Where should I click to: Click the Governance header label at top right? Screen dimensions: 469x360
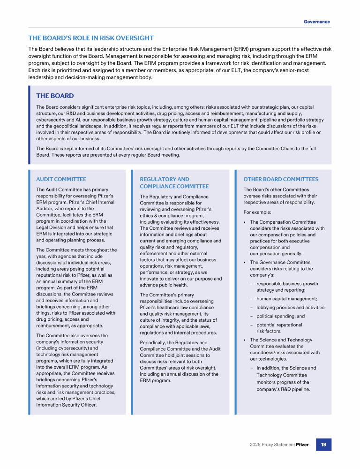[x=316, y=22]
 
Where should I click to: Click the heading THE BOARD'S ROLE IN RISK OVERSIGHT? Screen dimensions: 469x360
[x=91, y=38]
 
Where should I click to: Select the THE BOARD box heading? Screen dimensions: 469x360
[x=55, y=96]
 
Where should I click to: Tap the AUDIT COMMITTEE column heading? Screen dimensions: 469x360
[x=61, y=179]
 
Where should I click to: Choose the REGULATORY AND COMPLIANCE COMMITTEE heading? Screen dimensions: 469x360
[x=174, y=183]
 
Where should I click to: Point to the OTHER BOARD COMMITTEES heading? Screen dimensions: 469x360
[x=281, y=179]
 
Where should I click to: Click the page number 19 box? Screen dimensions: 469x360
[x=323, y=445]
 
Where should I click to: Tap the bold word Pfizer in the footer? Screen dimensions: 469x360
[x=302, y=445]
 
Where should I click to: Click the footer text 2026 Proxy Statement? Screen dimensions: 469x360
[x=272, y=445]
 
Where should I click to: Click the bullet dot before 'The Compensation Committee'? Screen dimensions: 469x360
[x=245, y=222]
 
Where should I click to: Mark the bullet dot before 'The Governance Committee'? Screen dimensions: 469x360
[x=245, y=263]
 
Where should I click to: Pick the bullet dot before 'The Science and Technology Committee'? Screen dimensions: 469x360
[x=245, y=340]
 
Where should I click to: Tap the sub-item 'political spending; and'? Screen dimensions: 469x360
[x=280, y=316]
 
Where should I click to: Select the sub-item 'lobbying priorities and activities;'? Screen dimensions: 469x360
[x=291, y=308]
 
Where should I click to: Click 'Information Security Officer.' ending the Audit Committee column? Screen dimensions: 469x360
[x=66, y=405]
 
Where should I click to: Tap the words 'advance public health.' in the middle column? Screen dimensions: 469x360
[x=164, y=285]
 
